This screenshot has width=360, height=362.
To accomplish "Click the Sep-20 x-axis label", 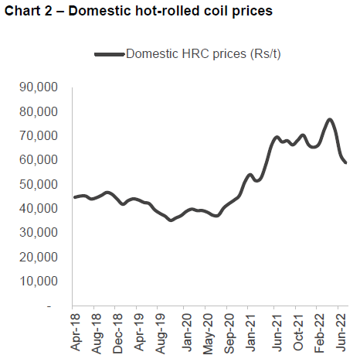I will (230, 333).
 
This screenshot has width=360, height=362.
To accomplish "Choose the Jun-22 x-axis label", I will (341, 333).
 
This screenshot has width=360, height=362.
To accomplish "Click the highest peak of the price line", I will (330, 120).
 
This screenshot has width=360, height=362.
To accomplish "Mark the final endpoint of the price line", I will (345, 162).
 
